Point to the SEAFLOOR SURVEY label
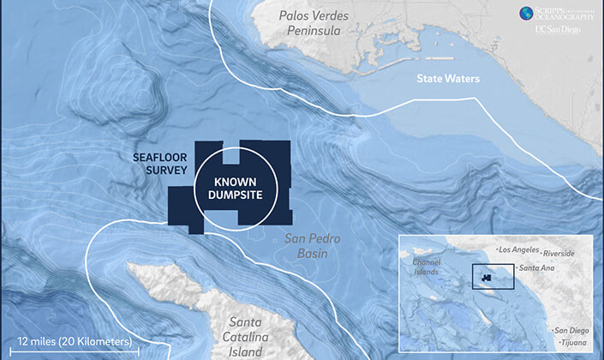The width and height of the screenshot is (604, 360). point(160,165)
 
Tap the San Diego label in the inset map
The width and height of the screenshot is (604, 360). point(574,331)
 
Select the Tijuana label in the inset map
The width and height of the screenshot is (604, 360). point(575,343)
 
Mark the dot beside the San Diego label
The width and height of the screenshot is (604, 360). point(553,331)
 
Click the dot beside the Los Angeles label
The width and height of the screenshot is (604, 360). point(499,249)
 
